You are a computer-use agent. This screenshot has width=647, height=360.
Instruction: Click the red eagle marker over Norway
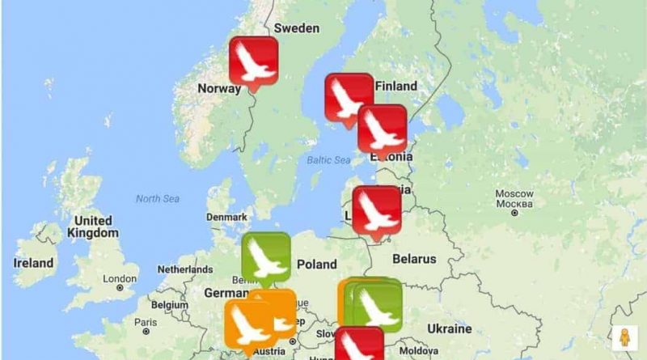[253, 60]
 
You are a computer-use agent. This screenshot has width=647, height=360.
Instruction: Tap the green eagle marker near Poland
[265, 256]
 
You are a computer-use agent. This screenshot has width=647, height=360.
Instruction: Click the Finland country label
[395, 86]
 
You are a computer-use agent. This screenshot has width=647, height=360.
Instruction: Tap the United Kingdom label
[93, 227]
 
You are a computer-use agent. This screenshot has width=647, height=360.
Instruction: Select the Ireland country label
[33, 263]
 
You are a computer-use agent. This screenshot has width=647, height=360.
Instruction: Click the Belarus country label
[414, 259]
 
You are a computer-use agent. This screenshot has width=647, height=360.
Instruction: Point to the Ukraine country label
[449, 328]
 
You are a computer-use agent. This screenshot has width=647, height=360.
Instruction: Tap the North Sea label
[157, 198]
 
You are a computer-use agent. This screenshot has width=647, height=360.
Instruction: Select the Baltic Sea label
[327, 159]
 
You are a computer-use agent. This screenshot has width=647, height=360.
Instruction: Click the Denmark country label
[226, 217]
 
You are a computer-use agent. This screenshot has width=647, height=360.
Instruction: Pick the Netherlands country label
[184, 269]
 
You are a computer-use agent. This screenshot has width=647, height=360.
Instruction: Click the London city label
[120, 278]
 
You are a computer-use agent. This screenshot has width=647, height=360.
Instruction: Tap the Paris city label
[146, 321]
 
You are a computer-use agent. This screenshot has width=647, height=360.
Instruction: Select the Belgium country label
[169, 304]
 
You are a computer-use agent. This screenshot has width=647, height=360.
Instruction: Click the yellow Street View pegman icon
[624, 337]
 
